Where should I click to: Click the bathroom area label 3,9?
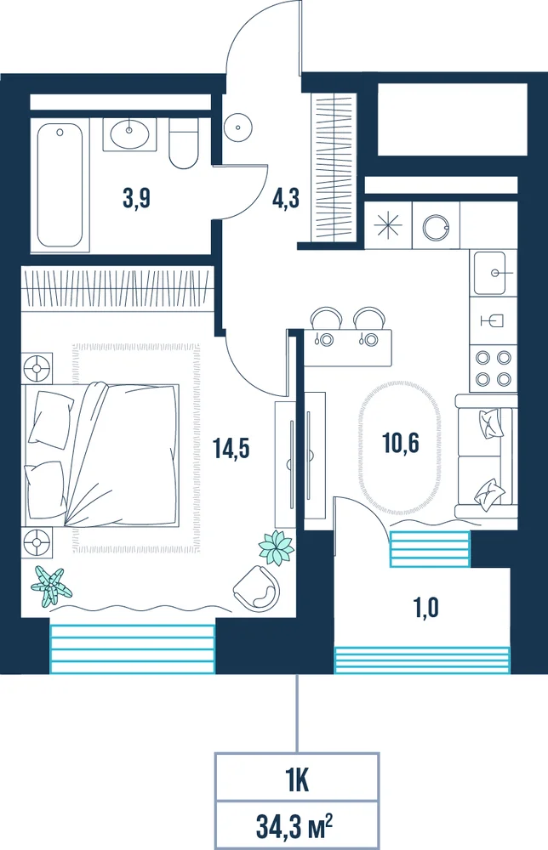click(136, 198)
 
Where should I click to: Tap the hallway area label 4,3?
click(285, 198)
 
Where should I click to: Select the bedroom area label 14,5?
click(231, 448)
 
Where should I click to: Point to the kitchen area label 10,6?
click(401, 443)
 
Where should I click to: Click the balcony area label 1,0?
click(426, 609)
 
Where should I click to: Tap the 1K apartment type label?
click(297, 781)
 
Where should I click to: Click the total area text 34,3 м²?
click(294, 826)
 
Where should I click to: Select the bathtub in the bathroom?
click(60, 185)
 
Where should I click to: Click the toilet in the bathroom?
click(184, 144)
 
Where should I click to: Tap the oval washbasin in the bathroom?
click(129, 133)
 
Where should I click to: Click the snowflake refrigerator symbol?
click(389, 225)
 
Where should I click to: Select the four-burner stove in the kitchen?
click(494, 368)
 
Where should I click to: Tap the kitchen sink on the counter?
click(494, 273)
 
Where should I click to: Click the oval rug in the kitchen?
click(399, 448)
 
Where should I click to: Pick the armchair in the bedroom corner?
click(257, 588)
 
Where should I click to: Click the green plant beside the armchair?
click(277, 547)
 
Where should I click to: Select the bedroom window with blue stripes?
click(133, 649)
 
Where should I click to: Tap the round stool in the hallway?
click(238, 128)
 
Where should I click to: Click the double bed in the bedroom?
click(101, 454)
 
